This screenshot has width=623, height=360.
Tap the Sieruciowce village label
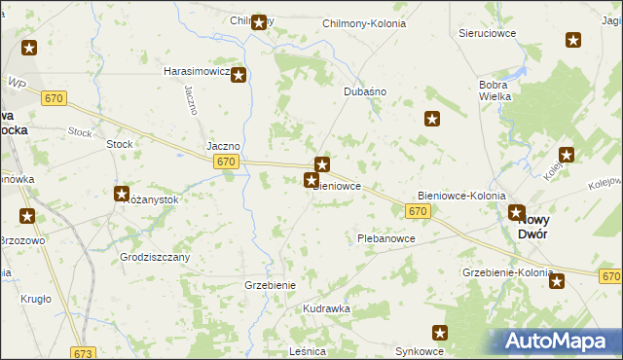pos(487,32)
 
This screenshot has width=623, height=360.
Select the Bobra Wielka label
pos(500,90)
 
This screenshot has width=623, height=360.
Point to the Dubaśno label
pos(366,91)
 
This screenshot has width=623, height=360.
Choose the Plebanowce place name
pos(386,238)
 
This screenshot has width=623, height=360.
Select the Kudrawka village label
pos(326,308)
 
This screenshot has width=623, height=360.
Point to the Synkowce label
pos(420,350)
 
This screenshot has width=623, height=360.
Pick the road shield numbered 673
pos(85,353)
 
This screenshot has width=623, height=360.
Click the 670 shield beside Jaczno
pos(226,162)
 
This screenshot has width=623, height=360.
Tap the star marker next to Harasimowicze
pos(238,74)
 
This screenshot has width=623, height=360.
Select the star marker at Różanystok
pos(122,194)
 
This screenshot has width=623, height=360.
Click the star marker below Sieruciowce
pos(573,40)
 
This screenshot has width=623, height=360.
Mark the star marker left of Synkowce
pos(439,332)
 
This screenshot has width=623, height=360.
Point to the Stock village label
pos(119,144)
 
